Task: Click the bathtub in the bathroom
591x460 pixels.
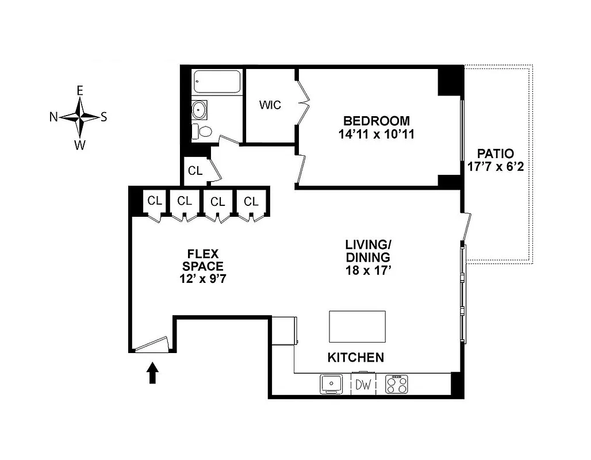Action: click(x=217, y=82)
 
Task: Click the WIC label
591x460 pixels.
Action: click(x=270, y=105)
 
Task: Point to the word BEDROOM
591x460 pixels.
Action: click(x=377, y=121)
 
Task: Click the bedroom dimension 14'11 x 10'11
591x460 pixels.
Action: click(x=377, y=135)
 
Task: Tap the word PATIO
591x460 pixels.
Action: click(x=495, y=154)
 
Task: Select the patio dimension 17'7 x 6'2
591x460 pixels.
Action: click(x=495, y=167)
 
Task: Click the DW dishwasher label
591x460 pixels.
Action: click(x=363, y=384)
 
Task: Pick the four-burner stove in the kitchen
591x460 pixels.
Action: click(x=396, y=384)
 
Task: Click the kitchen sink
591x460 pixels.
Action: click(x=331, y=384)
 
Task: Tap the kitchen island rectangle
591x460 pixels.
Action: click(x=357, y=327)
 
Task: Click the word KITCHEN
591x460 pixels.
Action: click(x=355, y=358)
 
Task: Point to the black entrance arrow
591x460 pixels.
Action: click(x=153, y=372)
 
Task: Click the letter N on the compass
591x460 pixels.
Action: click(x=53, y=117)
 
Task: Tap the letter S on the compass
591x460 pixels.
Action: click(x=103, y=117)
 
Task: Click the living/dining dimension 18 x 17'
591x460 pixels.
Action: click(x=368, y=270)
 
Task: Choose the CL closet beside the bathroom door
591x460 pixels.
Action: click(x=195, y=171)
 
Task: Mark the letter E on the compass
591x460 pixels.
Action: click(x=80, y=90)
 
